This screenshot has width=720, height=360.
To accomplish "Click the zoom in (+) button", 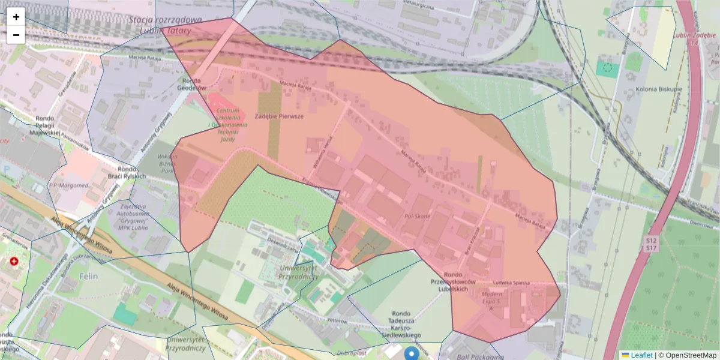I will click(16, 17).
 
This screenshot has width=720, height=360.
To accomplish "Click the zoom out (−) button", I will click(16, 35).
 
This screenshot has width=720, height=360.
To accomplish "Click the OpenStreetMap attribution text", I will click(688, 355).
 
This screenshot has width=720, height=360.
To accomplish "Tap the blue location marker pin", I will click(411, 353).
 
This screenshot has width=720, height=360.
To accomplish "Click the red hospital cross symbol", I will click(14, 262).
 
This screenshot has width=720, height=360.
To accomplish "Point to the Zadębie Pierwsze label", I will click(279, 116).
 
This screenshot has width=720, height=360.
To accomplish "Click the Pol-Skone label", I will click(418, 215).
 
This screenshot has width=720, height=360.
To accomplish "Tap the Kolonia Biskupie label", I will click(658, 89).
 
